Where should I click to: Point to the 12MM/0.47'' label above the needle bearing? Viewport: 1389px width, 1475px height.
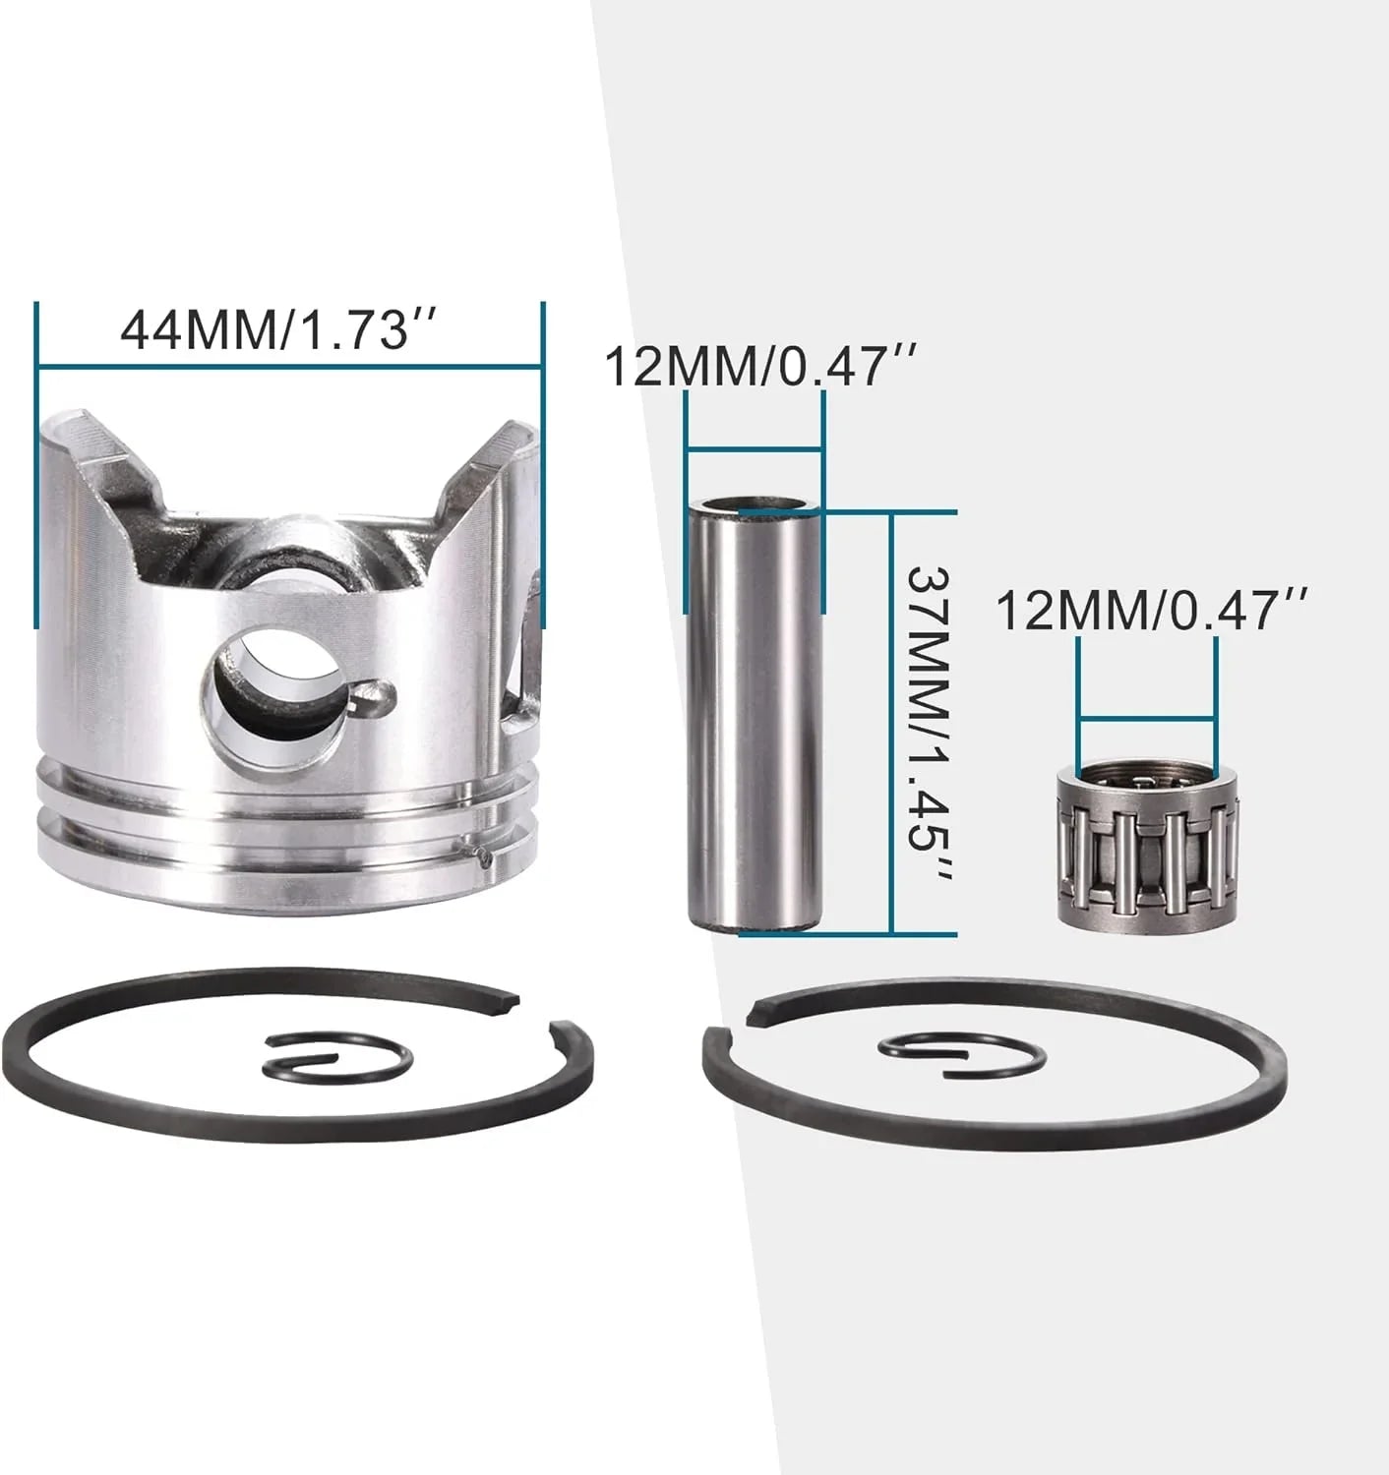[1150, 611]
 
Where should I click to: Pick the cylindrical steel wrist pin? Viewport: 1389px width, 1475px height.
[754, 717]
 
